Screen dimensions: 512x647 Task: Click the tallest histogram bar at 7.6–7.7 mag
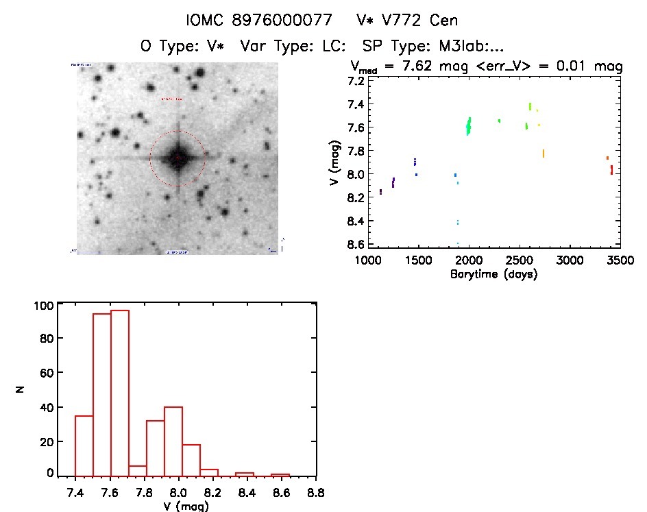(x=120, y=392)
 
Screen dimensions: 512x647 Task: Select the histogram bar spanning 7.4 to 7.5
(x=84, y=445)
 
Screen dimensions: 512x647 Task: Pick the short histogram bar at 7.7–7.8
(x=138, y=470)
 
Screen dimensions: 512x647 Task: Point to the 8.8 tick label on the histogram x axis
(x=316, y=492)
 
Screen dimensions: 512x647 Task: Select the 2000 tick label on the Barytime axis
(x=469, y=260)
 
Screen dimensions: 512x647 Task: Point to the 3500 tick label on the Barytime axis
(x=620, y=260)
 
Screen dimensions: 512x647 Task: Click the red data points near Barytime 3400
(x=611, y=169)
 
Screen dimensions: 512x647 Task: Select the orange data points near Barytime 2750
(x=544, y=154)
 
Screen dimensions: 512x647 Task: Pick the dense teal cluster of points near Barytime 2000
(x=469, y=126)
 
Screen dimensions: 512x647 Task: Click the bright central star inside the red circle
(x=178, y=158)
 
